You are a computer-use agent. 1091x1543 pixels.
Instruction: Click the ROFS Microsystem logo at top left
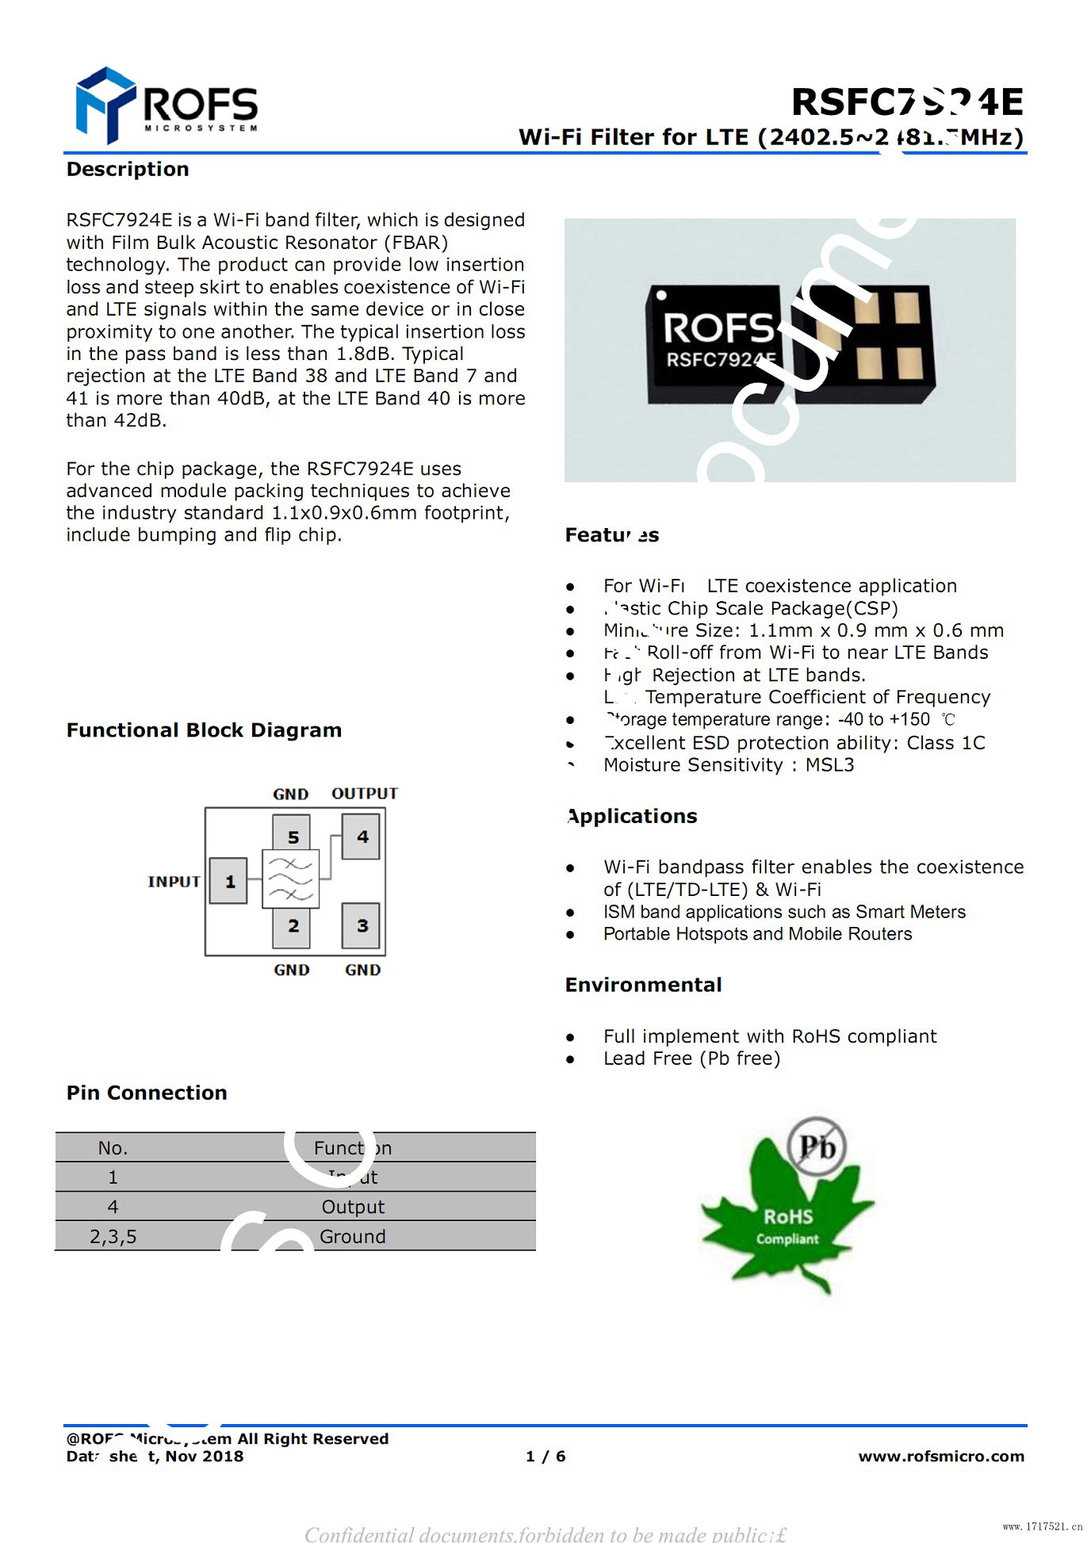point(167,105)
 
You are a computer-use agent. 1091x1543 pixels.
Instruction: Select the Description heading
point(128,169)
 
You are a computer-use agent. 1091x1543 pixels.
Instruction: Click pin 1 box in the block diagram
point(228,881)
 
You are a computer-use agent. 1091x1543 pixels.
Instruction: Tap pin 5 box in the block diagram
point(292,836)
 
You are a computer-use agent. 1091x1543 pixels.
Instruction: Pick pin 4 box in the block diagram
point(361,837)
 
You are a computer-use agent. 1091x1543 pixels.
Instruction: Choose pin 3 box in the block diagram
point(361,925)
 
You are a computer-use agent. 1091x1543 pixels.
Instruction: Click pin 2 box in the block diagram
point(292,925)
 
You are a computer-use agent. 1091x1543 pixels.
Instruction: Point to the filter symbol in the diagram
point(291,879)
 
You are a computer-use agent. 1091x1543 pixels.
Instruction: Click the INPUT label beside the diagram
point(174,882)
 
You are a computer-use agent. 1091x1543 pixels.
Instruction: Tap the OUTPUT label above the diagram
point(365,794)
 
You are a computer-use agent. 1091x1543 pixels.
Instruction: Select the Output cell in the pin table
point(353,1207)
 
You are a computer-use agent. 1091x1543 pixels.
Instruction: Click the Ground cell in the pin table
point(353,1237)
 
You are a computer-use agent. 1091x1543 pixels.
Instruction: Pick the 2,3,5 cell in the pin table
point(113,1237)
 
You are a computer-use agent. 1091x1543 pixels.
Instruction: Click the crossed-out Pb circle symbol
point(817,1147)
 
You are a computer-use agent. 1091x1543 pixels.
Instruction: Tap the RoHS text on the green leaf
point(788,1216)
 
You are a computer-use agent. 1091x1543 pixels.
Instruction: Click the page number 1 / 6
point(545,1457)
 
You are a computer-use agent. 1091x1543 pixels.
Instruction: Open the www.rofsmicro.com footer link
point(941,1457)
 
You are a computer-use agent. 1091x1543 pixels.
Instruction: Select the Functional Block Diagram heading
point(204,730)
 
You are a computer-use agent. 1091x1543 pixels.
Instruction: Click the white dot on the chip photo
point(661,296)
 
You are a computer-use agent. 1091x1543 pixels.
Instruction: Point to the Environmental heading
point(643,985)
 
